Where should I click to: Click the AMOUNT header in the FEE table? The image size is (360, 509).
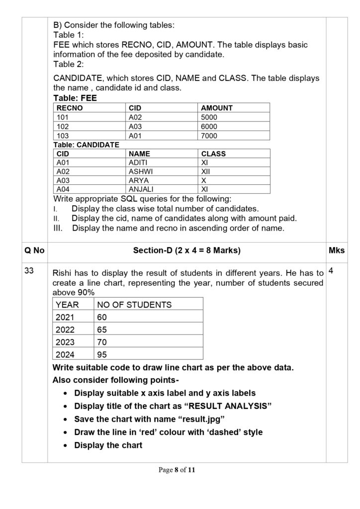click(216, 108)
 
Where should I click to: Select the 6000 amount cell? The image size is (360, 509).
click(209, 126)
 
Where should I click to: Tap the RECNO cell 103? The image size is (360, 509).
click(63, 135)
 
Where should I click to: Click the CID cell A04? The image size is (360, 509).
click(63, 189)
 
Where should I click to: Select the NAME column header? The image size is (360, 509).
click(139, 154)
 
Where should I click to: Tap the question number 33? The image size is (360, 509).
click(30, 272)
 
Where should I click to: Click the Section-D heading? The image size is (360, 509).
click(186, 251)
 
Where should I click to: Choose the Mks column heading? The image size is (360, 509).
click(337, 251)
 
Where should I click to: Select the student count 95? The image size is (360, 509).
click(102, 355)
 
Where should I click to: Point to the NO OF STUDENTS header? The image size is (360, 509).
click(134, 305)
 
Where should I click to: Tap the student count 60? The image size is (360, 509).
click(102, 317)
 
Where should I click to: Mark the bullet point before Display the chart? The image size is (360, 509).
click(67, 445)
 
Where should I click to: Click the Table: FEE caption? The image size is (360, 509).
click(75, 98)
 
